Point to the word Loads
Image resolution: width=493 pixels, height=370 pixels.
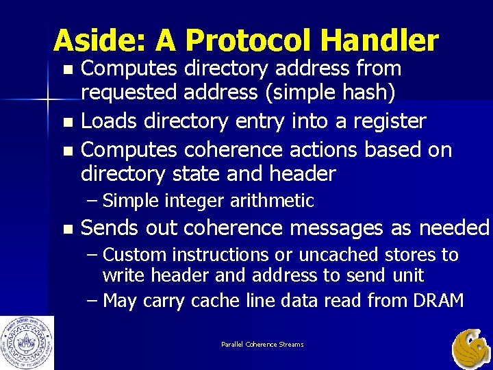110,121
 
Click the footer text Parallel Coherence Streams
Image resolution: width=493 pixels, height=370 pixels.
262,344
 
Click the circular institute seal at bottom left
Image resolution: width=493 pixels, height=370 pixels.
27,343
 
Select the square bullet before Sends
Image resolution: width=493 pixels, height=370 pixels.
66,229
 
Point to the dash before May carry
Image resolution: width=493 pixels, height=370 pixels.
93,300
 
